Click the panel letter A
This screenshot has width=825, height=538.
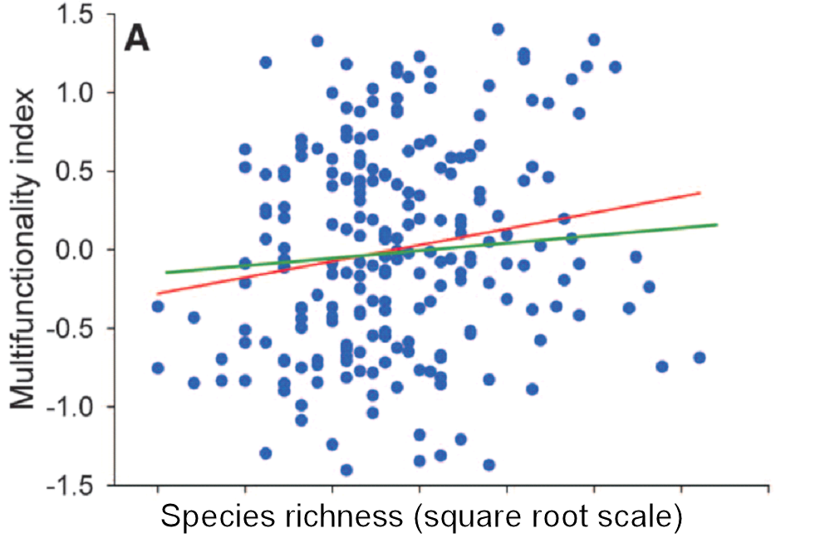137,38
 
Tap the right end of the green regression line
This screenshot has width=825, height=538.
717,224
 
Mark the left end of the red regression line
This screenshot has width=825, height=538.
157,293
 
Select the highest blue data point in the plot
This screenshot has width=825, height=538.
498,29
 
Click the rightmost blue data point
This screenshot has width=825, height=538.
700,357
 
